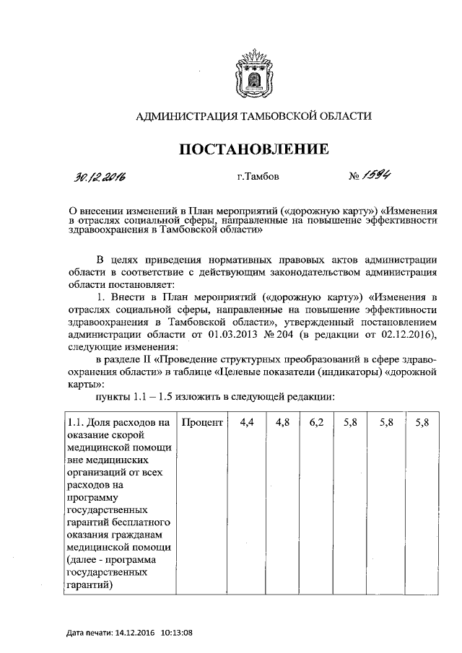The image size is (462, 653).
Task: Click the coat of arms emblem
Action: click(253, 73)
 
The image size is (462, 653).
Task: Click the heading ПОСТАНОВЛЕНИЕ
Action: click(254, 149)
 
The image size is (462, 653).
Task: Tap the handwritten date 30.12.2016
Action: click(100, 177)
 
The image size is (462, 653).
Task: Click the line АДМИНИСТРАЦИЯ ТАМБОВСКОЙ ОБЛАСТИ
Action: click(253, 116)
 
